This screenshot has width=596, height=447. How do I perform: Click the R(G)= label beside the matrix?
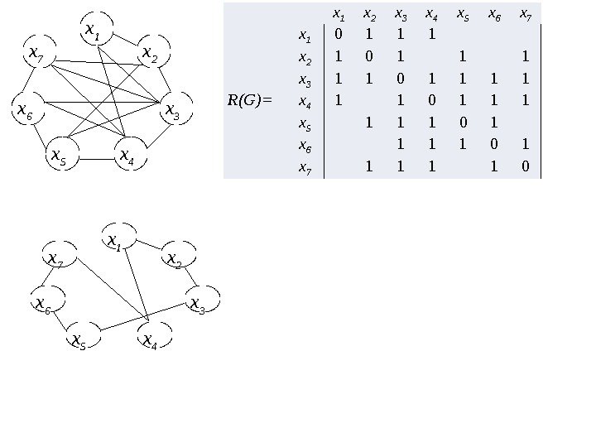(x=249, y=102)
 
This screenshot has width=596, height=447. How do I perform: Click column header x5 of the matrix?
(x=463, y=14)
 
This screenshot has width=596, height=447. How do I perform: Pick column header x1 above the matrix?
(x=337, y=14)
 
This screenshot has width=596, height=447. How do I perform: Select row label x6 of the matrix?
(x=305, y=146)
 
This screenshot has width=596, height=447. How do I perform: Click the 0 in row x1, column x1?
(x=337, y=36)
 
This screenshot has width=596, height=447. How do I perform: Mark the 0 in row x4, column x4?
(x=431, y=102)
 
